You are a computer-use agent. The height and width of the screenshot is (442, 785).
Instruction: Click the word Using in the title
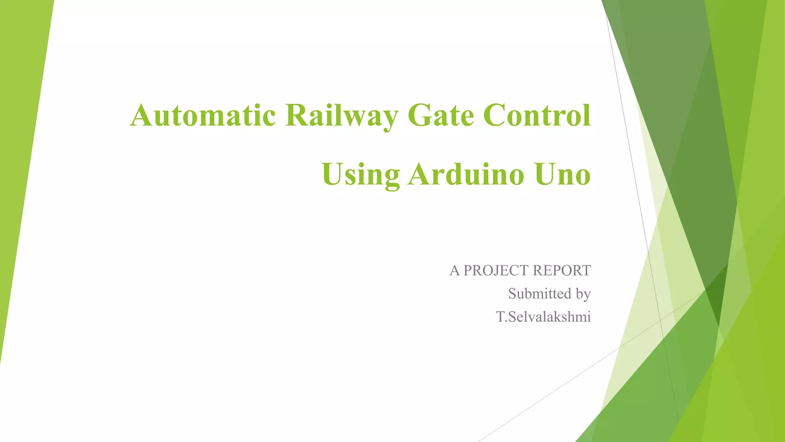click(x=361, y=175)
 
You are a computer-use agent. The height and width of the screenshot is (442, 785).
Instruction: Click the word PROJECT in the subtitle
click(x=496, y=270)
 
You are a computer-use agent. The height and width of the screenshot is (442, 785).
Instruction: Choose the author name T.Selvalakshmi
click(x=544, y=317)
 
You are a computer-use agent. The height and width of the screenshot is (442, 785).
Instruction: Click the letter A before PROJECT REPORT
click(x=455, y=270)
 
